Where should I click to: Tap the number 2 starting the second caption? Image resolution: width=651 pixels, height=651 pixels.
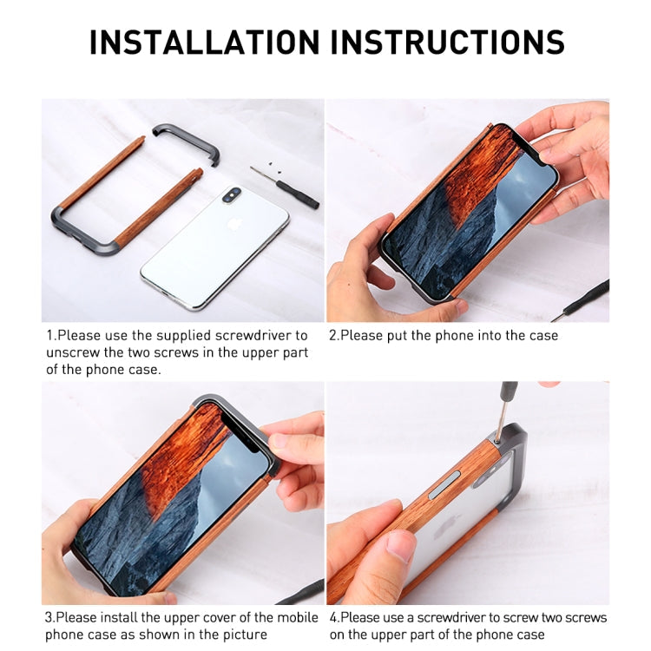tap(333, 335)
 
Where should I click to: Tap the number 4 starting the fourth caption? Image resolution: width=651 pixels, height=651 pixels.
tap(333, 618)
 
